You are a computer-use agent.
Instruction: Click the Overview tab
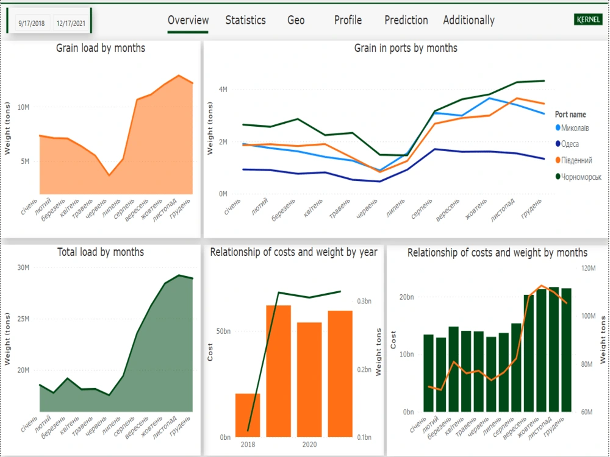[188, 20]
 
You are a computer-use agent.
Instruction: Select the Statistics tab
[245, 20]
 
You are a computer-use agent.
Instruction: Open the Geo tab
[296, 20]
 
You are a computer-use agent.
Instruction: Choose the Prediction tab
[406, 20]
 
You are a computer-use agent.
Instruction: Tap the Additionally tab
[468, 20]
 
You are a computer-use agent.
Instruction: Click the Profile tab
[348, 20]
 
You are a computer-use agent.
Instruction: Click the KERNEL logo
[589, 20]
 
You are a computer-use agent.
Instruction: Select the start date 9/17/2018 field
[32, 24]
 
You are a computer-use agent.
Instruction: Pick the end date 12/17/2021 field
[70, 24]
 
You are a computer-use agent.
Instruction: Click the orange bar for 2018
[248, 415]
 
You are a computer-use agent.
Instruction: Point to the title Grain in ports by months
[406, 48]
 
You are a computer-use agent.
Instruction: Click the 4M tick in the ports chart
[223, 90]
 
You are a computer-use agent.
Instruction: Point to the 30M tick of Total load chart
[23, 267]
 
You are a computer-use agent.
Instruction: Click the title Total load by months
[101, 252]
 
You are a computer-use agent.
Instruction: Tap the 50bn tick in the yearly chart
[223, 331]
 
